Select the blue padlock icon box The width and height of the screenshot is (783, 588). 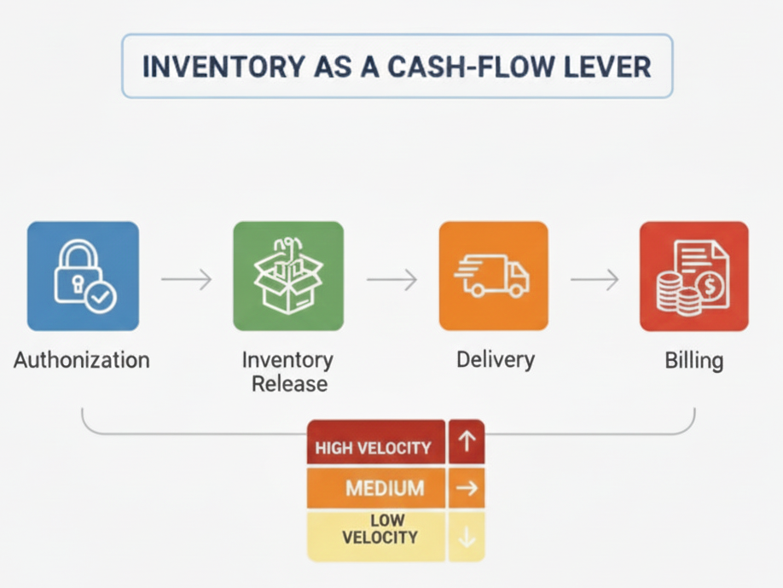click(x=83, y=276)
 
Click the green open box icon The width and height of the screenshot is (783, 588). click(x=288, y=276)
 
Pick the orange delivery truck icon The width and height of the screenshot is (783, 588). click(x=494, y=276)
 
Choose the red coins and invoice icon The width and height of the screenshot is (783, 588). click(x=693, y=276)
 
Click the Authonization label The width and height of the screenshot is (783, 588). click(x=82, y=359)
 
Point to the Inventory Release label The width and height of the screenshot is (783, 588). click(x=288, y=371)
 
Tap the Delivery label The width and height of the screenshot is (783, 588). click(x=495, y=359)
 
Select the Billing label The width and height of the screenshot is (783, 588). click(x=693, y=360)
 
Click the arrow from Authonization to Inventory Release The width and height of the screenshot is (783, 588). click(x=186, y=278)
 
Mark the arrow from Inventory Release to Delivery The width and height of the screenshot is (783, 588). click(x=391, y=278)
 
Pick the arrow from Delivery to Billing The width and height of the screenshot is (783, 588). click(x=594, y=278)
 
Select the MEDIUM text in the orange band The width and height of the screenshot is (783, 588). click(x=385, y=489)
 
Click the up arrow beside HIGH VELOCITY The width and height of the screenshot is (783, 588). click(x=467, y=442)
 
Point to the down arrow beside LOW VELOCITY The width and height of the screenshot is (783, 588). click(x=467, y=537)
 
